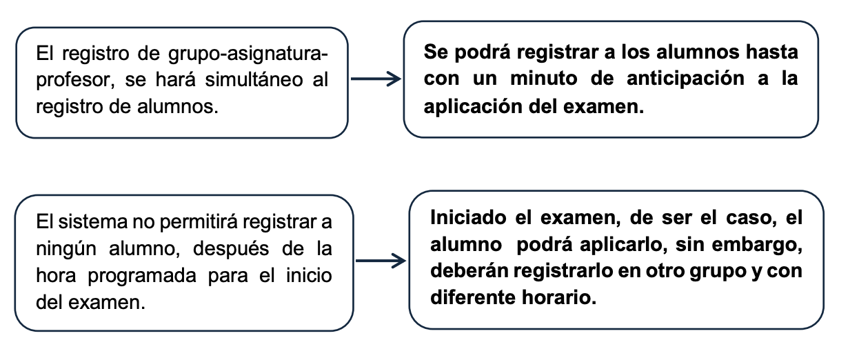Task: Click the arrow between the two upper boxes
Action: coord(376,79)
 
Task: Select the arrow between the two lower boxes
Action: coord(381,261)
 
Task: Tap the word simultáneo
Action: coord(254,80)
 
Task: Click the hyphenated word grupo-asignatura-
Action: coord(248,54)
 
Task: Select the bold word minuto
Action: coord(544,79)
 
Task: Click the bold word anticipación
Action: coord(685,79)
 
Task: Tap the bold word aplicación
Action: coord(472,107)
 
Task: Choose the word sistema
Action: coord(92,222)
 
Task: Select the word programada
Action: coord(142,277)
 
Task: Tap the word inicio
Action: coord(309,276)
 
